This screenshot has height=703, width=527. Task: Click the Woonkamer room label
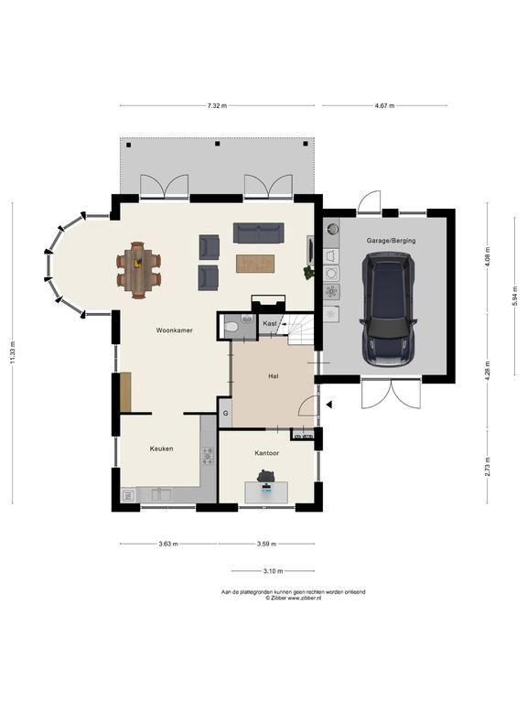pos(175,330)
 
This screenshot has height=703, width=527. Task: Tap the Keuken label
pos(161,449)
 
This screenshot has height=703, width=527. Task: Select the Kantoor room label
pos(266,453)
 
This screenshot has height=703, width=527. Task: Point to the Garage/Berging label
pos(391,241)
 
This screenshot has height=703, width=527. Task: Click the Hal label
pos(273,376)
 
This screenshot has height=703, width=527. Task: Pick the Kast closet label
pos(270,323)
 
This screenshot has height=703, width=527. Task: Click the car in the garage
pos(388,309)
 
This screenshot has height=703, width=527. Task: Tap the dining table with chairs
pos(138,270)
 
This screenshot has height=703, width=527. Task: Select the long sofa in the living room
pos(259,233)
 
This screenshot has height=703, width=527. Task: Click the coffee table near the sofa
pos(255,264)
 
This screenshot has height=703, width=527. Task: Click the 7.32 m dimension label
pos(217,106)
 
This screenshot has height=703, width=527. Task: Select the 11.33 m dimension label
pos(13,352)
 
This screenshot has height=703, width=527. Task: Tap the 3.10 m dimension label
pos(273,571)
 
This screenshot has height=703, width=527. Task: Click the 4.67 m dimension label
pos(384,106)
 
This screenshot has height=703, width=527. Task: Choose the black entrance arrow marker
pos(329,405)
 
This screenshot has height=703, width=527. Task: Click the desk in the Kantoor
pos(266,492)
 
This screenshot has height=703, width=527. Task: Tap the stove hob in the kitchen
pos(208,455)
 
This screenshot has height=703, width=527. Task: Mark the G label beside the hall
pos(225,413)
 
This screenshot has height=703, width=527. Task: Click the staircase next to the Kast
pos(295,330)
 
